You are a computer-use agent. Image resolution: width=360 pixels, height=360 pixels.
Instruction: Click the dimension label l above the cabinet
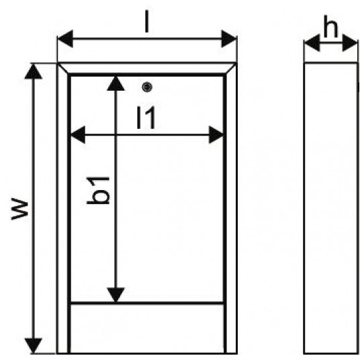[x=147, y=21]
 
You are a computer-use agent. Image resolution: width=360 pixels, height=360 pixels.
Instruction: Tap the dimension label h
[x=331, y=26]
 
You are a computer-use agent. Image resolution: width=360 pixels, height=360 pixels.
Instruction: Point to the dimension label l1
[x=146, y=118]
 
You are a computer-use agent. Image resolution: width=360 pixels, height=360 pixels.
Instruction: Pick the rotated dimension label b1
[x=98, y=190]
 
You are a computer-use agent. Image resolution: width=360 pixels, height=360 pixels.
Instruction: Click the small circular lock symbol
[x=147, y=87]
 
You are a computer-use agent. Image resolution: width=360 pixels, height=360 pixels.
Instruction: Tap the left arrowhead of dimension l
[x=65, y=38]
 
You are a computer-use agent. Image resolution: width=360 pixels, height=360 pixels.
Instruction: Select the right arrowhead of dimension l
[x=229, y=38]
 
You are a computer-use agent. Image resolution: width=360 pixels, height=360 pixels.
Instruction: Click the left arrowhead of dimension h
[x=312, y=43]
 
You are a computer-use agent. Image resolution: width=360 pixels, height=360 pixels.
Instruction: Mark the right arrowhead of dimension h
[x=350, y=43]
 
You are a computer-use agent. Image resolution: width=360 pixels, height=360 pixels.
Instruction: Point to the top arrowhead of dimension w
[x=34, y=71]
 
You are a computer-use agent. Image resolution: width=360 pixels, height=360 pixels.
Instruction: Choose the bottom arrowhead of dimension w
[x=34, y=345]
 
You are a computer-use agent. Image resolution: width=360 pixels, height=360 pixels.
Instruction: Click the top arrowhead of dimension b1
[x=116, y=83]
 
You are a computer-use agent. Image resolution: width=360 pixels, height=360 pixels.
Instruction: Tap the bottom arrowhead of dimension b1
[x=116, y=295]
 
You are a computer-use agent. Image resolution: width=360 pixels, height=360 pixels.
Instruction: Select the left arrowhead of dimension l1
[x=78, y=135]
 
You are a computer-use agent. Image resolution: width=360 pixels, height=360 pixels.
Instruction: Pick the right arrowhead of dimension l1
[x=216, y=135]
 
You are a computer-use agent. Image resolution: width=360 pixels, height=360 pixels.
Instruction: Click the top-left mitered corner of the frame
[x=63, y=69]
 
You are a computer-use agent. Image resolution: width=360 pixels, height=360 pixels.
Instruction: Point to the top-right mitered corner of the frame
[x=231, y=69]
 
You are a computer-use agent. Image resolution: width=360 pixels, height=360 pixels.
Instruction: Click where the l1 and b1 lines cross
[x=116, y=135]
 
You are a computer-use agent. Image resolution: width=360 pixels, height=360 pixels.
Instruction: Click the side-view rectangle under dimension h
[x=331, y=208]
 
